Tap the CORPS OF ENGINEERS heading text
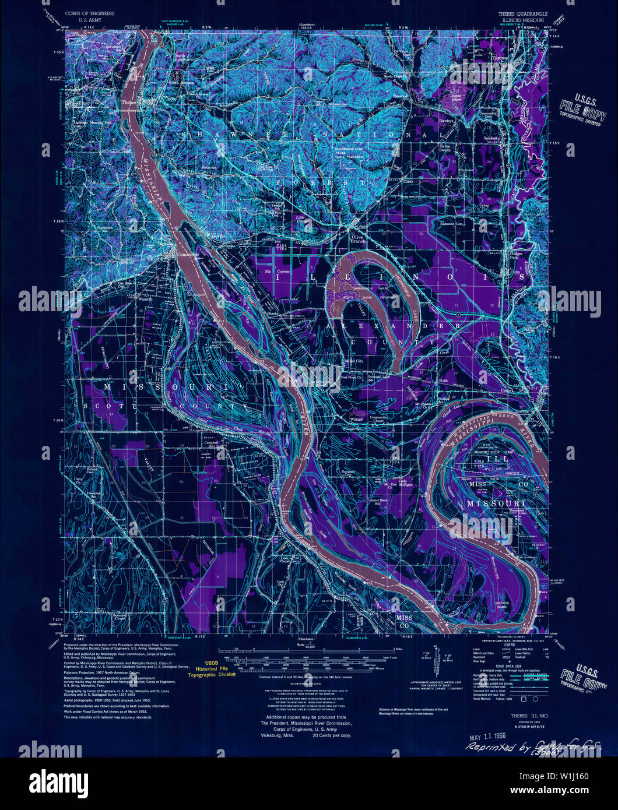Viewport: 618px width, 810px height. (90, 12)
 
